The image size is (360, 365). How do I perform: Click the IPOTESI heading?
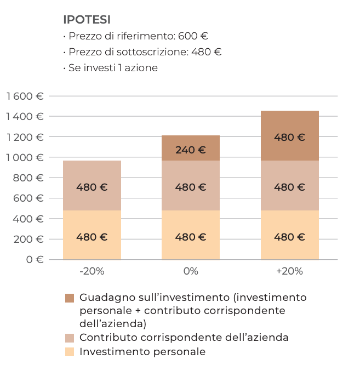[x=87, y=20]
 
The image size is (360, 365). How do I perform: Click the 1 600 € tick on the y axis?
[x=25, y=96]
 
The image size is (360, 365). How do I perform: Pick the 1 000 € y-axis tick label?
[x=25, y=157]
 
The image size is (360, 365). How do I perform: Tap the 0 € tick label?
[x=35, y=259]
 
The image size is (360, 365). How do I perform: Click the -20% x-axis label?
[x=92, y=271]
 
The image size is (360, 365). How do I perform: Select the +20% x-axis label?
[x=289, y=271]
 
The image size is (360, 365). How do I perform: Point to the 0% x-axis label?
[x=191, y=271]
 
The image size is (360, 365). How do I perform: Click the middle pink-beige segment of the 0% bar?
[x=191, y=186]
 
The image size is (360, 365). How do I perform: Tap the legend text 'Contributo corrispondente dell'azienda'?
[x=184, y=338]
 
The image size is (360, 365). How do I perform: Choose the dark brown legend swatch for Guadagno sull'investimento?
[x=70, y=298]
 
